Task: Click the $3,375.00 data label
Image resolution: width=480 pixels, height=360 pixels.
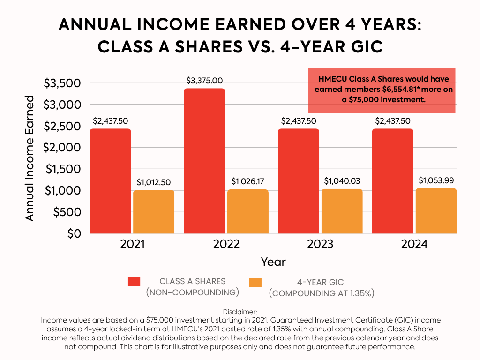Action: pos(204,81)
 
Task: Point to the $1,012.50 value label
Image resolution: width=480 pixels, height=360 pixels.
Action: pos(154,182)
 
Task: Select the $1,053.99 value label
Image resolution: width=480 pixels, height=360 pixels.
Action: pos(436,180)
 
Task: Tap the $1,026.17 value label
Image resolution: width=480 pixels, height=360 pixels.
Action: pos(248,181)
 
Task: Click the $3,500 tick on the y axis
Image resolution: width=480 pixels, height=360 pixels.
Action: pos(62,83)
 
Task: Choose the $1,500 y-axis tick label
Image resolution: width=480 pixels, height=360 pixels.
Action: pos(62,169)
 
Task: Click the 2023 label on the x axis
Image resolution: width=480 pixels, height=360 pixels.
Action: pos(320,244)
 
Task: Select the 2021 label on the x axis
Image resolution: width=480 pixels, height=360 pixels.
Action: pos(132,244)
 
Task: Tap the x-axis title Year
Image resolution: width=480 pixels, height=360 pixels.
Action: pos(273,262)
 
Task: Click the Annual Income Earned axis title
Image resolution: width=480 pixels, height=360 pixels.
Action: pos(30,158)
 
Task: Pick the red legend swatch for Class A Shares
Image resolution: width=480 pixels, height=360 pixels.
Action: pos(134,281)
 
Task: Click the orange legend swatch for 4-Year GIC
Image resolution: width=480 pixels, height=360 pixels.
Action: pos(255,282)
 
